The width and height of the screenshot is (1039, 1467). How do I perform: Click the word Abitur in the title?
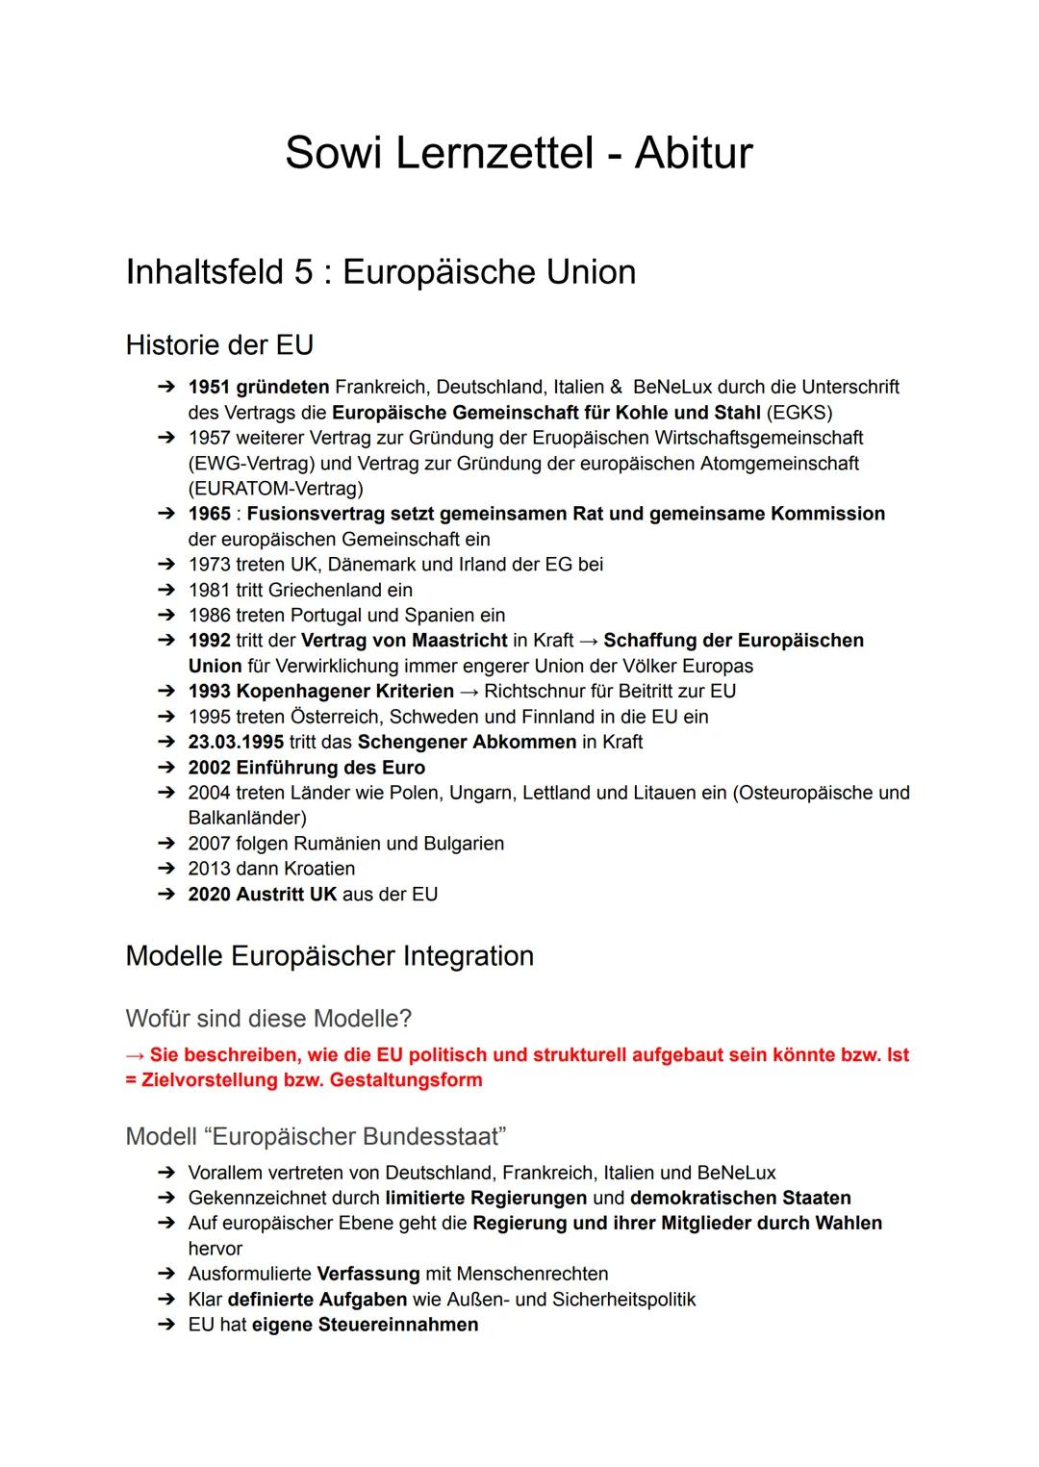(693, 153)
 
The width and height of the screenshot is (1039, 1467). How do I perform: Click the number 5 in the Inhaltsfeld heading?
(304, 272)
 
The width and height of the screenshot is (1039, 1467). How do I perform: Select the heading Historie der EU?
(219, 344)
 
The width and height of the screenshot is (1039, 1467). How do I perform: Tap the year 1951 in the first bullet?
(209, 387)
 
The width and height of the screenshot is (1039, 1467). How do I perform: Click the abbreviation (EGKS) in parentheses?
(799, 413)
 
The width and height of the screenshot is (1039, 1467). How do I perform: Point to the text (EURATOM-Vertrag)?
(275, 489)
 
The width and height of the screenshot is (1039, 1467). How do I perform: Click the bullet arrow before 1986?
(167, 616)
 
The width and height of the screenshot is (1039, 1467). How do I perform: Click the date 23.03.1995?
(236, 742)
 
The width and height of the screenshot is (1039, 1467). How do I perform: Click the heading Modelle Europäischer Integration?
(329, 956)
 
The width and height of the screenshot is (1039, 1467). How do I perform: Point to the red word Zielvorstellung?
(209, 1080)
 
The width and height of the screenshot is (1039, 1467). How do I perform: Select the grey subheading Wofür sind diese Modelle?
(268, 1018)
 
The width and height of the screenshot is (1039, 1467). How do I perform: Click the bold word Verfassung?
(367, 1274)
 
